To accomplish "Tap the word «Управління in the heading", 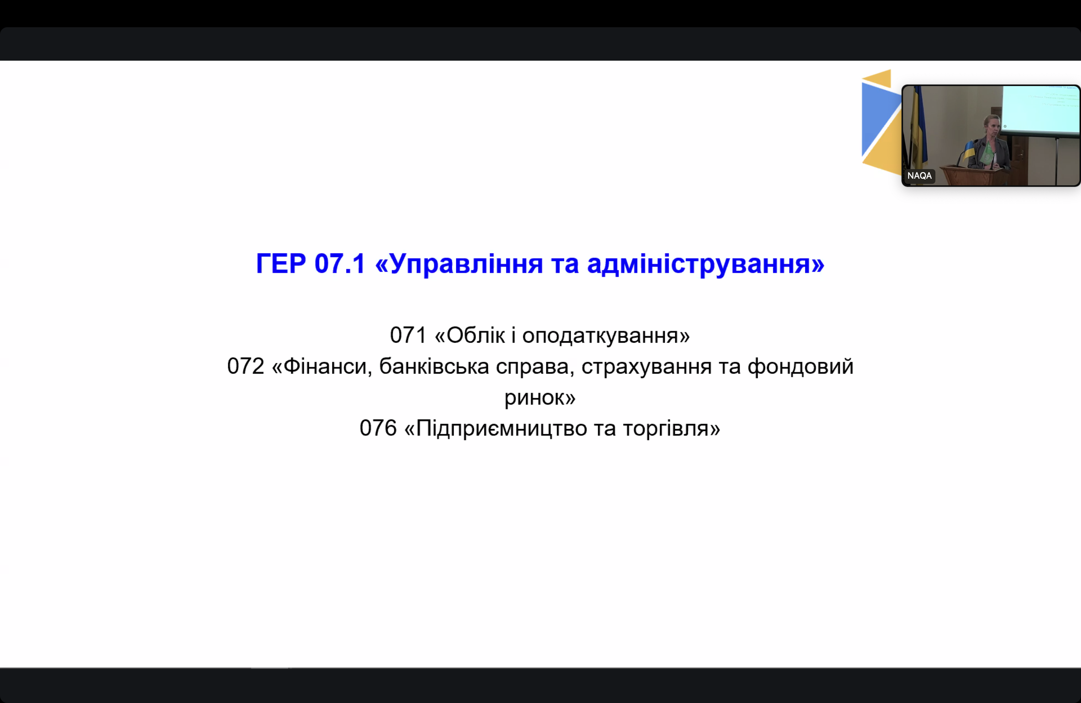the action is [x=459, y=264].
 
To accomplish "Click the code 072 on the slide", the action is [x=246, y=366].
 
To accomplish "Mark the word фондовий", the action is [x=801, y=366].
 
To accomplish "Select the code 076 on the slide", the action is [x=378, y=428].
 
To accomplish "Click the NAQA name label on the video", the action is [x=919, y=176].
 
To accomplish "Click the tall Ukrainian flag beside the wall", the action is [x=918, y=127].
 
